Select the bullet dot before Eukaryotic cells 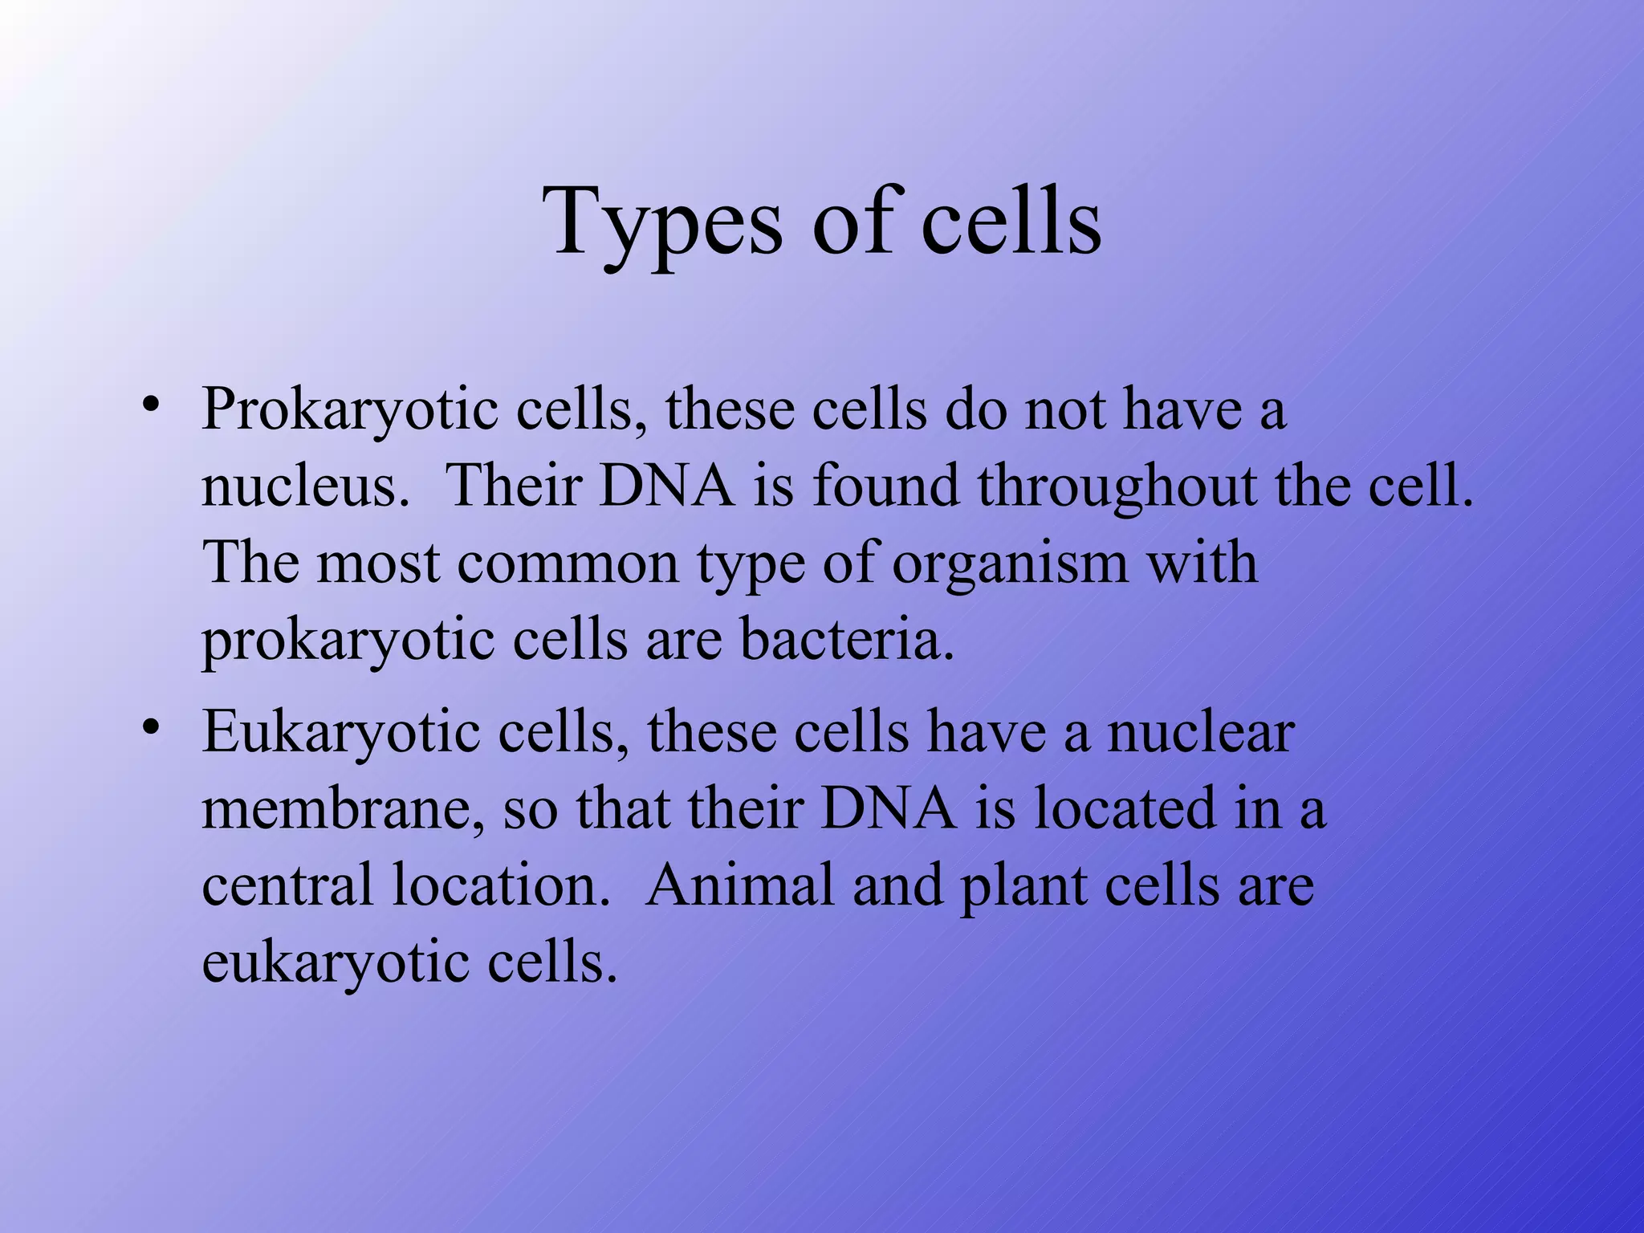[x=150, y=727]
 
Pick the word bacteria [x=847, y=640]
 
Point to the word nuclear [x=1200, y=732]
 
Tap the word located [x=1125, y=808]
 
